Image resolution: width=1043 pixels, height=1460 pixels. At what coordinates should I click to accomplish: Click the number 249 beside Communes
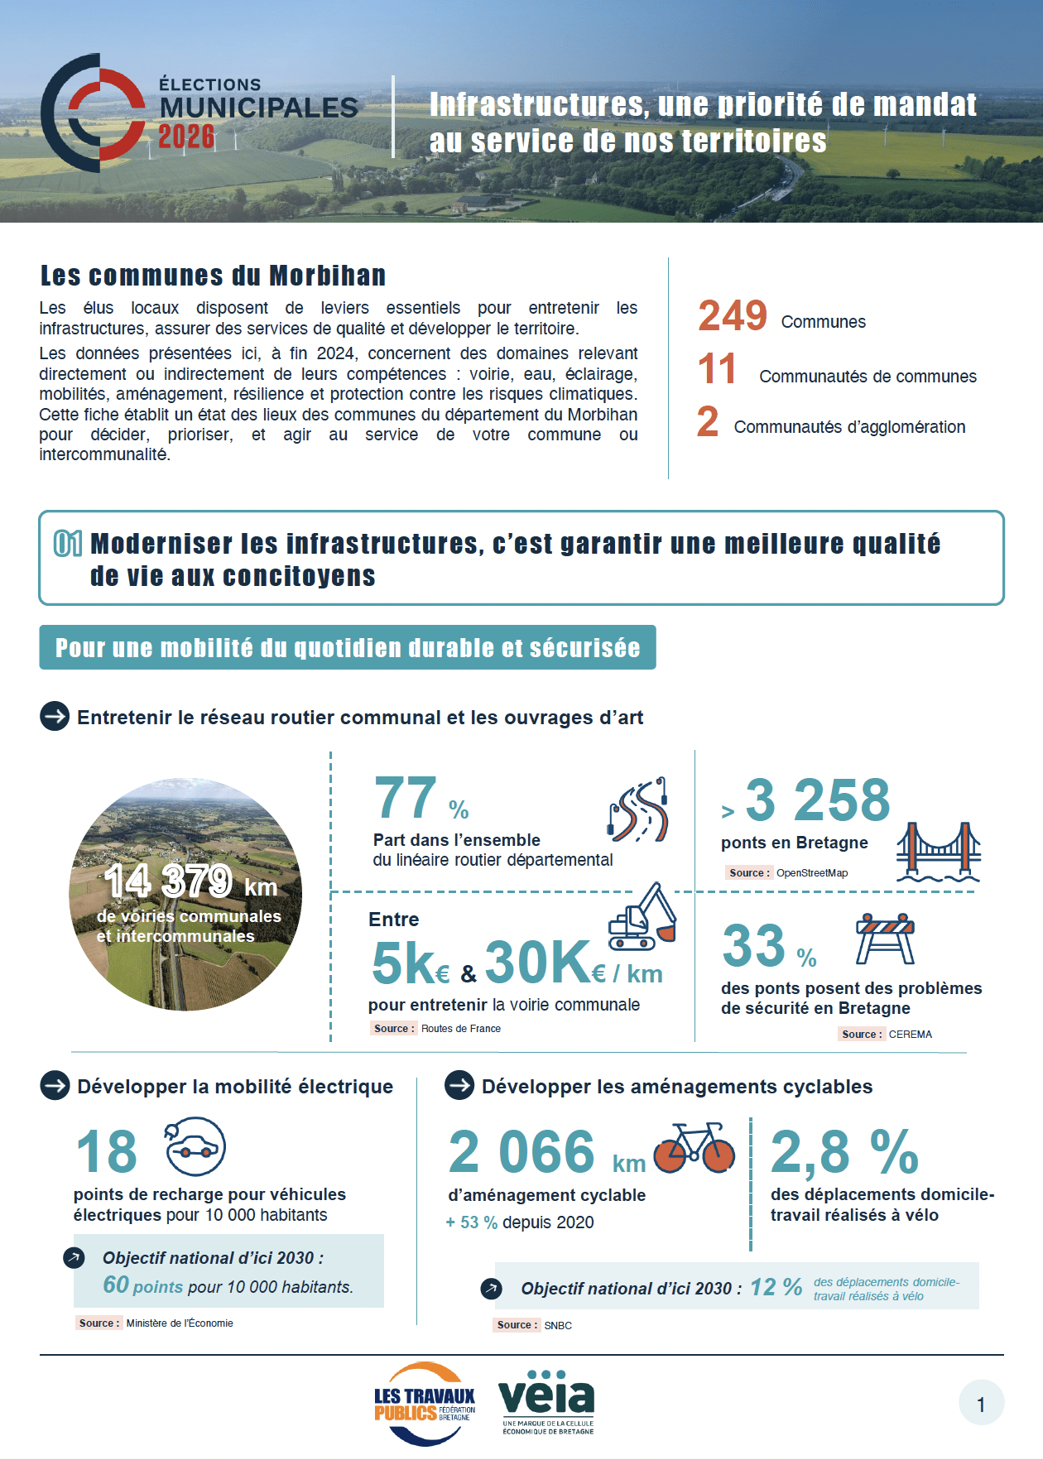tap(733, 316)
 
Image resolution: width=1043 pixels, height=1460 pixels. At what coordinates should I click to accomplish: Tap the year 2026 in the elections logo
tap(186, 137)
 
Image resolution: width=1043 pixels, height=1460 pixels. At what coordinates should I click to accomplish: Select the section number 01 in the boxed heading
tap(68, 544)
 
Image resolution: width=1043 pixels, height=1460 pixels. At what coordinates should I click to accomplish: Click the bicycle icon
tap(694, 1148)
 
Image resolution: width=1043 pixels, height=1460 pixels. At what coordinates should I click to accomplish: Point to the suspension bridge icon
tap(939, 852)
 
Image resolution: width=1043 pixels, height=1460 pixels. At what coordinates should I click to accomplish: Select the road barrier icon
tap(885, 939)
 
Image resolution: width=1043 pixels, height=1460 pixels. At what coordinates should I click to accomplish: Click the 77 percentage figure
tap(406, 798)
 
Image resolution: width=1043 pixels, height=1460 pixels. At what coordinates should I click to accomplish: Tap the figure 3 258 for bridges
tap(818, 800)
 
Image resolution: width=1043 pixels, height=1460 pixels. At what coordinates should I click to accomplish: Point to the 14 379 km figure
tap(168, 881)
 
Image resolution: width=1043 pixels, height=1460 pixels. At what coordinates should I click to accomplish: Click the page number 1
tap(981, 1404)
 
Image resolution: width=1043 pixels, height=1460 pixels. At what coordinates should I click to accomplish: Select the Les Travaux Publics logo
tap(424, 1404)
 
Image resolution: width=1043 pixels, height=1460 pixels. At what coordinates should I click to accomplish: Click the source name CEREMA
tap(911, 1035)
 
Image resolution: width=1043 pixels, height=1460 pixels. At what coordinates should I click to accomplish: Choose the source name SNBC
tap(558, 1326)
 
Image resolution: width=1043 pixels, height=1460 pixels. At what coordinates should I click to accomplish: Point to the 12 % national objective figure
tap(776, 1287)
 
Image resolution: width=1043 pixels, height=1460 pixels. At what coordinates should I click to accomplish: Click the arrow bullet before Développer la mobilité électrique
tap(55, 1086)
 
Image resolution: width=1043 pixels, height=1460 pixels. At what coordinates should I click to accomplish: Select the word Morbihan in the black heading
tap(328, 276)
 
